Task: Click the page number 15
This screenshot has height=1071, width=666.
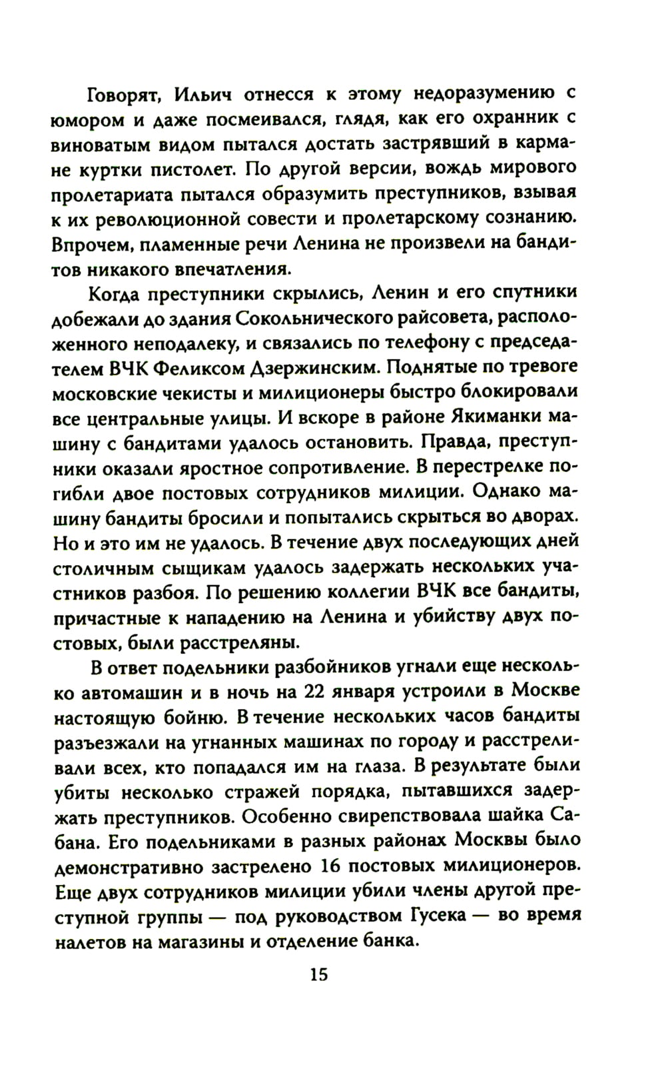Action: (x=318, y=974)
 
